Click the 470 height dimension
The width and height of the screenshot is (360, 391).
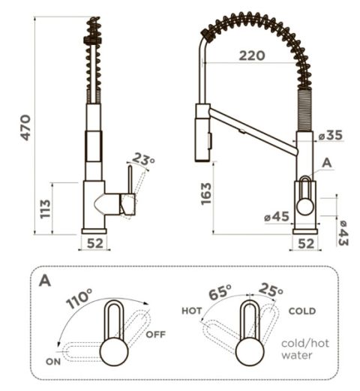tap(25, 128)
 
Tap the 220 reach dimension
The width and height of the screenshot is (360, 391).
tap(252, 56)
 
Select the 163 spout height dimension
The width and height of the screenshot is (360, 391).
tap(206, 194)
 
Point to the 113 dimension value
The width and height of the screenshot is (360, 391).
tap(46, 209)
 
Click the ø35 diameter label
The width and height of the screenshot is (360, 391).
tap(331, 135)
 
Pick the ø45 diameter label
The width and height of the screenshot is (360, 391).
tap(277, 216)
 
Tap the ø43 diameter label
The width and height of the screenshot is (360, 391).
tap(343, 233)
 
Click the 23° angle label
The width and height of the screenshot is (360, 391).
tap(143, 159)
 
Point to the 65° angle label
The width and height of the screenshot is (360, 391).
tap(220, 292)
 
